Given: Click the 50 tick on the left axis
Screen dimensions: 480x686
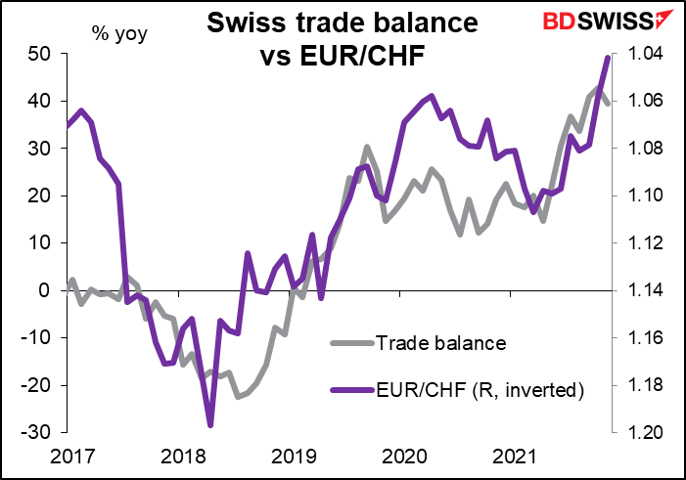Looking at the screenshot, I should tap(38, 54).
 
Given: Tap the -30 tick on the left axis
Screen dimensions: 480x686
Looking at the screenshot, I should tap(36, 432).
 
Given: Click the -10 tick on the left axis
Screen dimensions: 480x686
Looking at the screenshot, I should tap(36, 337).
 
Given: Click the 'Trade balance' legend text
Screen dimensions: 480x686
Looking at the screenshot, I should tap(440, 343).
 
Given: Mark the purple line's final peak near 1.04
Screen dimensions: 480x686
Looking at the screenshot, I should tap(608, 58).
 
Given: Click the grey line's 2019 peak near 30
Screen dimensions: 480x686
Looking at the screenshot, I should tap(366, 148).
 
